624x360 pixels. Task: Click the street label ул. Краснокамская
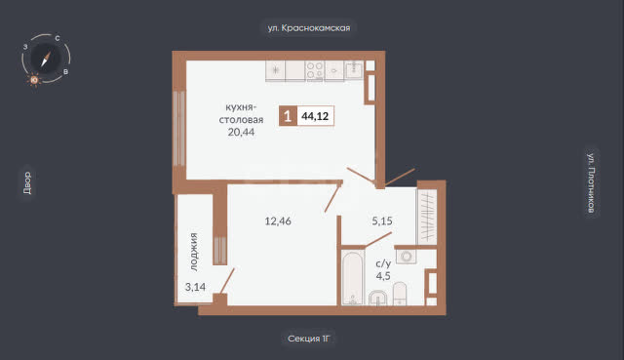tap(309, 28)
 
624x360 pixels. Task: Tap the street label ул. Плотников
tap(592, 182)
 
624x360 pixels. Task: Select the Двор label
tap(27, 182)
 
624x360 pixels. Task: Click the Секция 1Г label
tap(309, 339)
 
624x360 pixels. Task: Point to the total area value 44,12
tap(315, 116)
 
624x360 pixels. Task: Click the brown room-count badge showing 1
tap(288, 116)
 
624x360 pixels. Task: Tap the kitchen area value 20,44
tap(241, 132)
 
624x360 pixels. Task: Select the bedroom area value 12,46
tap(278, 220)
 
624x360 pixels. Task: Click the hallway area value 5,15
tap(382, 220)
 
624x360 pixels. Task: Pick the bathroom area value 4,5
tap(383, 275)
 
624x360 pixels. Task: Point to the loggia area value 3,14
tap(195, 286)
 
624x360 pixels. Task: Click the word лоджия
tap(193, 252)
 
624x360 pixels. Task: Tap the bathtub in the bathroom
tap(353, 278)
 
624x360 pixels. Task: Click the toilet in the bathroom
tap(400, 294)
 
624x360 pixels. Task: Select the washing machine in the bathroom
tap(407, 256)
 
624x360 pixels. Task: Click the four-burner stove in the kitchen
tap(314, 71)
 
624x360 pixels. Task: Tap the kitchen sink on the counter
tap(354, 70)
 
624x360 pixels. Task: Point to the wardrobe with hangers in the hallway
tap(427, 217)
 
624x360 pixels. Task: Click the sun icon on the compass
tap(34, 80)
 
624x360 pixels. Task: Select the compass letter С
tap(58, 38)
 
